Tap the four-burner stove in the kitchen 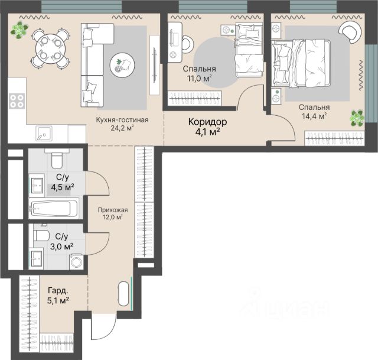[x=17, y=101]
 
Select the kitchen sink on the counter [x=44, y=133]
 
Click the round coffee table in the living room [x=122, y=65]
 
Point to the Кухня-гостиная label [x=122, y=120]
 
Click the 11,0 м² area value [x=200, y=79]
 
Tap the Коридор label [x=207, y=122]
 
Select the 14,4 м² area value [x=314, y=116]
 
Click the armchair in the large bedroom [x=350, y=31]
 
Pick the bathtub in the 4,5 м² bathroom [x=54, y=208]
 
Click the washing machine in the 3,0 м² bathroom [x=76, y=262]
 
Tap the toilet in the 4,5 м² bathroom [x=57, y=158]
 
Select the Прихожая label [x=113, y=210]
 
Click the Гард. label [x=58, y=290]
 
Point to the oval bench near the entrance [x=123, y=294]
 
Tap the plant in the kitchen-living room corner [x=19, y=30]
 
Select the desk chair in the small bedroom [x=188, y=44]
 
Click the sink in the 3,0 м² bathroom [x=37, y=259]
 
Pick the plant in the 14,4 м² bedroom [x=357, y=118]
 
